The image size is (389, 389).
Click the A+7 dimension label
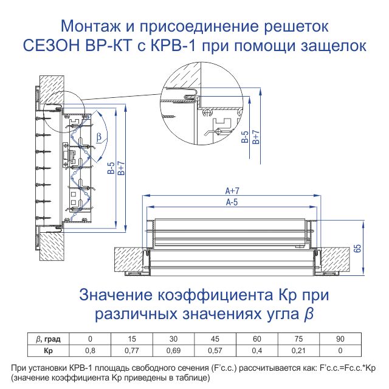click(232, 190)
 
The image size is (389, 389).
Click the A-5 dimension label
click(232, 202)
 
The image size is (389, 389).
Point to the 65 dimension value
click(358, 249)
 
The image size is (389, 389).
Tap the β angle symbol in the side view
click(99, 137)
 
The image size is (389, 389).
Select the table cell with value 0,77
click(132, 351)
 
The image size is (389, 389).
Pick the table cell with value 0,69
click(173, 351)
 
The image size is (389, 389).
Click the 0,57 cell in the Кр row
click(215, 351)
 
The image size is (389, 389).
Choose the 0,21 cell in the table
click(298, 351)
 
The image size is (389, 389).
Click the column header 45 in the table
click(215, 339)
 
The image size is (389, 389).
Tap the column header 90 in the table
click(340, 339)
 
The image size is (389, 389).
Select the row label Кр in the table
click(48, 351)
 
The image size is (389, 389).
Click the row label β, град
click(48, 339)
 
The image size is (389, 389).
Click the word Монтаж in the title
click(91, 26)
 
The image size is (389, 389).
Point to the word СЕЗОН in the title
click(52, 46)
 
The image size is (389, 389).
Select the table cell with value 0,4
click(256, 351)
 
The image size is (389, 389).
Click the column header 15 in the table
click(132, 339)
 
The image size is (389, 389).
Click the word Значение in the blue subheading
click(116, 295)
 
